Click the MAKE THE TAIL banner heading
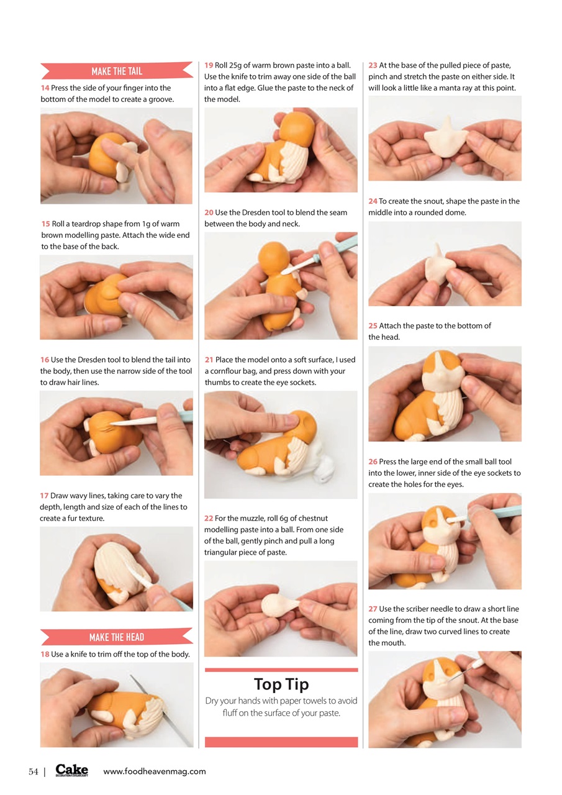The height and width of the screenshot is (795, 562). pyautogui.click(x=117, y=71)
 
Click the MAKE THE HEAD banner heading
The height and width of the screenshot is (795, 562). pyautogui.click(x=117, y=637)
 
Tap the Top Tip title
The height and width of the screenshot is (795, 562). pyautogui.click(x=281, y=684)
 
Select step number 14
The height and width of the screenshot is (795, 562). pyautogui.click(x=45, y=88)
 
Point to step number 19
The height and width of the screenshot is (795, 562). pyautogui.click(x=209, y=65)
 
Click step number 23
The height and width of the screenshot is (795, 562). pyautogui.click(x=373, y=65)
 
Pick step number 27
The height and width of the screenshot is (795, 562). pyautogui.click(x=373, y=609)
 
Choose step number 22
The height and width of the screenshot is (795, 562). pyautogui.click(x=209, y=518)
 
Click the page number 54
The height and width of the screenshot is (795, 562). pyautogui.click(x=34, y=771)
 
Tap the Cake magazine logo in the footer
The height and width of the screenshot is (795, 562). pyautogui.click(x=71, y=770)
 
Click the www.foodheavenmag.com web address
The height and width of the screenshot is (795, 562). pyautogui.click(x=154, y=771)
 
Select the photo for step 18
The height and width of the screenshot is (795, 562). pyautogui.click(x=117, y=704)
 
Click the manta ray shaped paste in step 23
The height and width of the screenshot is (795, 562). pyautogui.click(x=445, y=137)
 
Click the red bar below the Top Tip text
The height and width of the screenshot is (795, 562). pyautogui.click(x=281, y=742)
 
